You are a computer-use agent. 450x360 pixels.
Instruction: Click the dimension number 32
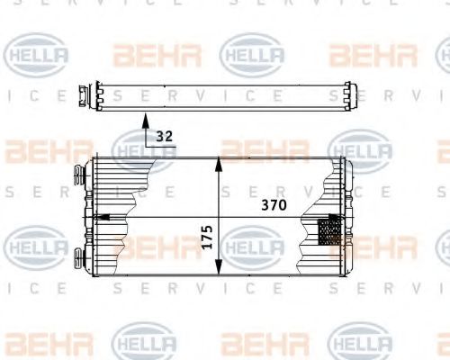pyautogui.click(x=163, y=138)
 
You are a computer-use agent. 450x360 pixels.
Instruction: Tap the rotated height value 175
pyautogui.click(x=207, y=238)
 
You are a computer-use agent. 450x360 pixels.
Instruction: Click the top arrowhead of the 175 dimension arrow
pyautogui.click(x=219, y=163)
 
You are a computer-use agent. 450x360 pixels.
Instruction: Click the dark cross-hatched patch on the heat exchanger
pyautogui.click(x=330, y=231)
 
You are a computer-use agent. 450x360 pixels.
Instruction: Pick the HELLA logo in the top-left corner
pyautogui.click(x=37, y=54)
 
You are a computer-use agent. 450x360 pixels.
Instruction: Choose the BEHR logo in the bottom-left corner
pyautogui.click(x=37, y=343)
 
